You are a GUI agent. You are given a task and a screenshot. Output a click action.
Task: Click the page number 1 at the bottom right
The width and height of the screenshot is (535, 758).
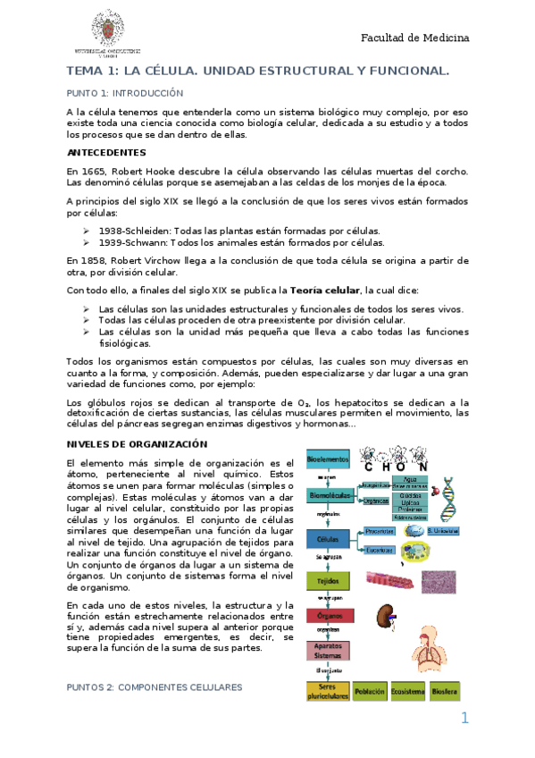click(464, 719)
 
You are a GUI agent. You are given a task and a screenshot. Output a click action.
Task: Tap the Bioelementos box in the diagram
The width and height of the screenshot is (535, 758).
click(327, 459)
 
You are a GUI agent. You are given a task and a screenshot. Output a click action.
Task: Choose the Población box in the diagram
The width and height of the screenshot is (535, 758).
click(369, 692)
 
